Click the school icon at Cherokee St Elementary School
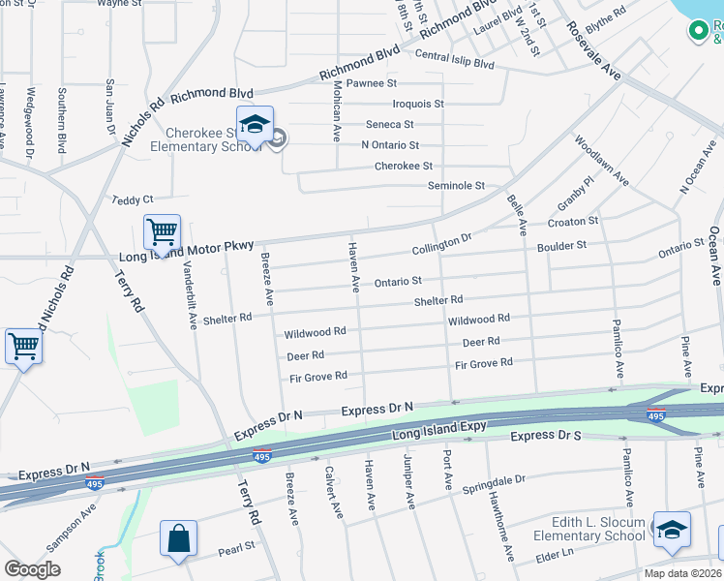pyautogui.click(x=255, y=126)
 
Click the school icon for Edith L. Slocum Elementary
pyautogui.click(x=671, y=530)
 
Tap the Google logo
pyautogui.click(x=32, y=569)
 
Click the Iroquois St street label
pyautogui.click(x=417, y=104)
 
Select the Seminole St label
pyautogui.click(x=455, y=186)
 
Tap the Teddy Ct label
pyautogui.click(x=133, y=199)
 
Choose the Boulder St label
pyautogui.click(x=562, y=246)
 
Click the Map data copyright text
pyautogui.click(x=682, y=573)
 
